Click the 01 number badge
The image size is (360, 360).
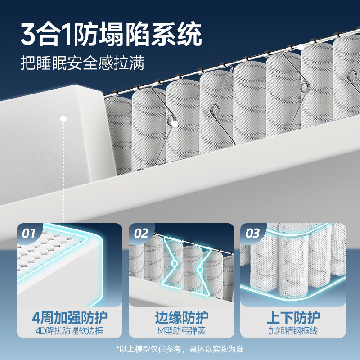(x=29, y=233)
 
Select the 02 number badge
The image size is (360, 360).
(x=141, y=233)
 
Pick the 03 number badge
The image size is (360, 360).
(x=253, y=233)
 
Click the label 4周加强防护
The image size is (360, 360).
(x=70, y=317)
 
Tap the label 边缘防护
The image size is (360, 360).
(x=181, y=317)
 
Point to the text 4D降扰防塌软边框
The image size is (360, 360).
(x=70, y=331)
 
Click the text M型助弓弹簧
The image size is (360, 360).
(x=181, y=331)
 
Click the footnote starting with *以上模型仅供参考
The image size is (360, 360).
(x=180, y=349)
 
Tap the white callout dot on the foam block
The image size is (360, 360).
(x=63, y=119)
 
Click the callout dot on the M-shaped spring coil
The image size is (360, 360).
(x=175, y=122)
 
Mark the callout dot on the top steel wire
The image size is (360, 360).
(x=300, y=47)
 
